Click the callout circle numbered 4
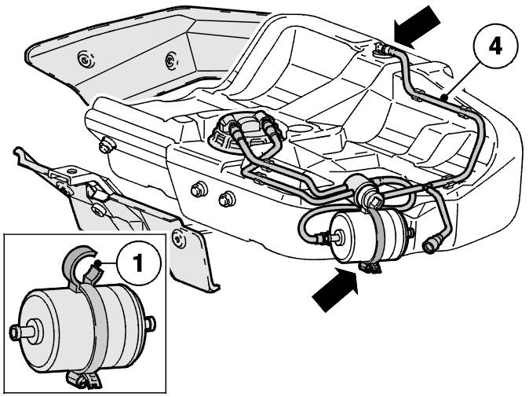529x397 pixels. coord(495,46)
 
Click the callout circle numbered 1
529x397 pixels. coord(139,263)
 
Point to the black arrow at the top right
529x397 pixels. coord(417,26)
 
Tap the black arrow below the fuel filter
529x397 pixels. coord(335,289)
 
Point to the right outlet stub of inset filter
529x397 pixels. coord(151,322)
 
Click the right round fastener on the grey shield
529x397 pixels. coord(171,61)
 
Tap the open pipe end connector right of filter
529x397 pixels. coord(431,244)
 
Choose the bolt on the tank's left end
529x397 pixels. coord(106,145)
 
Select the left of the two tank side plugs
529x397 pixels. coord(198,189)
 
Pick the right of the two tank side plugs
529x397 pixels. coord(226,199)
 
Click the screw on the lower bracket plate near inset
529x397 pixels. coord(178,237)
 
